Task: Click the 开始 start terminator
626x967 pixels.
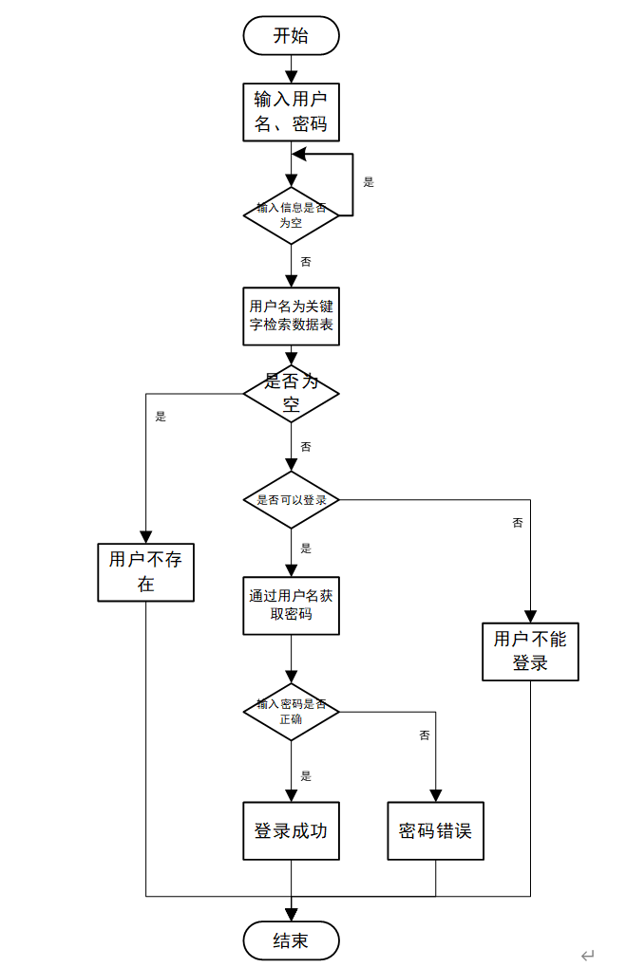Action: coord(291,36)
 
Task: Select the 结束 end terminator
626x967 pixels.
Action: coord(291,940)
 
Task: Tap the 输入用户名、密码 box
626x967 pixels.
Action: coord(291,112)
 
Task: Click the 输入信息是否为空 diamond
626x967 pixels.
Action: coord(291,214)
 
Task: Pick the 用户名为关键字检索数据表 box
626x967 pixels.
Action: coord(291,315)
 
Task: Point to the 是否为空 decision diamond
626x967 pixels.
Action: coord(291,394)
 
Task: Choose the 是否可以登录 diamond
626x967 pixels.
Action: coord(291,499)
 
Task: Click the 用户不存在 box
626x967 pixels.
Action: coord(145,571)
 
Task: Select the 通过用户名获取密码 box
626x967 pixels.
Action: coord(291,605)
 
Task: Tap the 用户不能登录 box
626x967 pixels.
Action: coord(530,650)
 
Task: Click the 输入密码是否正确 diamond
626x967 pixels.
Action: coord(291,711)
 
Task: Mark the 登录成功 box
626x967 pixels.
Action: coord(291,830)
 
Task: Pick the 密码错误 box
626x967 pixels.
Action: coord(436,830)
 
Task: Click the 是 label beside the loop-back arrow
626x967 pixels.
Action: coord(370,182)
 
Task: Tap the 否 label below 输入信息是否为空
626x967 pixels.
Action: coord(305,261)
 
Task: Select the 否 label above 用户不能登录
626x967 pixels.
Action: coord(518,523)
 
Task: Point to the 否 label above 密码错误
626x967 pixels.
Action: coord(425,735)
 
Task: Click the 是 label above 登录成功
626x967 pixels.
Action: coord(305,775)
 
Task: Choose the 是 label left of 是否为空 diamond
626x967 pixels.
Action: coord(161,416)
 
